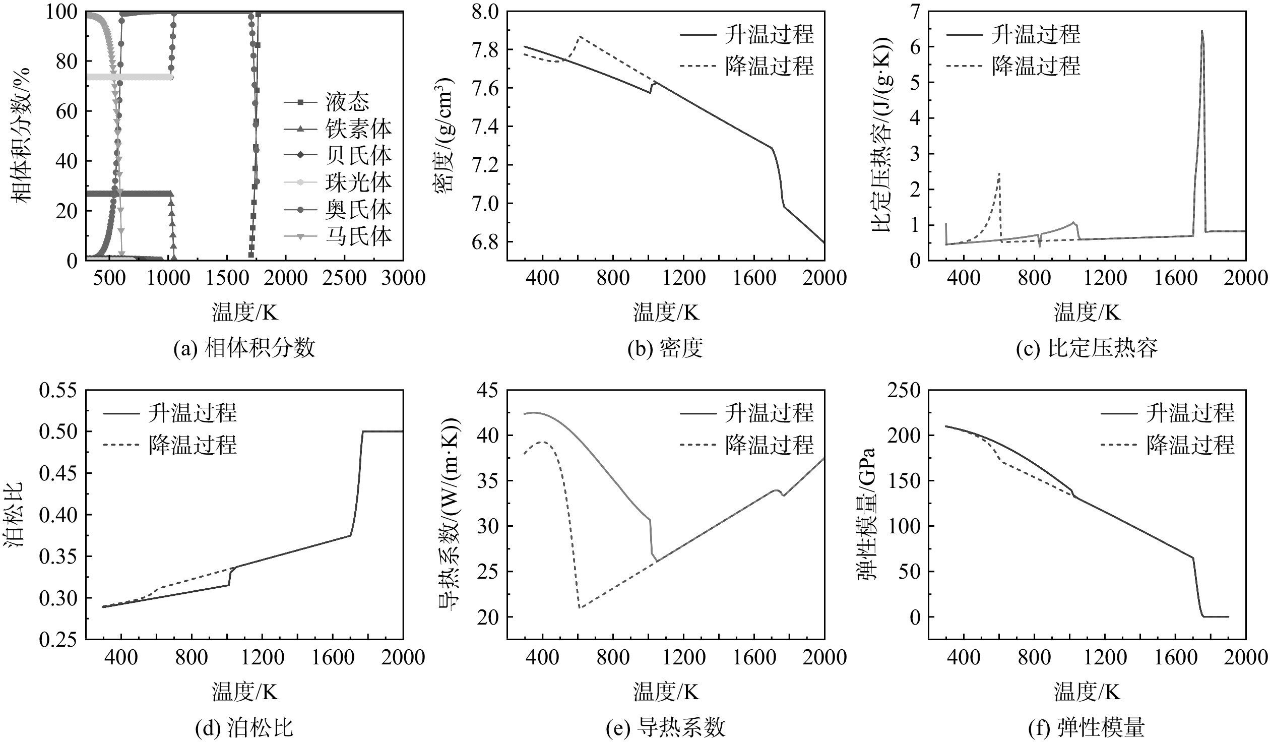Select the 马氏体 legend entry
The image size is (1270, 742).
click(338, 236)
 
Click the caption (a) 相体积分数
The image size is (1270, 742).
click(244, 348)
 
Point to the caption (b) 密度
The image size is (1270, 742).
click(665, 348)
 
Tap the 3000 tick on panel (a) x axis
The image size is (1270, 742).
click(403, 278)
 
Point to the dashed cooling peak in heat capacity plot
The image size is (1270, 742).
click(999, 174)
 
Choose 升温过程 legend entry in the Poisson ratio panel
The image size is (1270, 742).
click(170, 413)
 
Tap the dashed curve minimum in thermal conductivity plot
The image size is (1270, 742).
click(580, 607)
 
